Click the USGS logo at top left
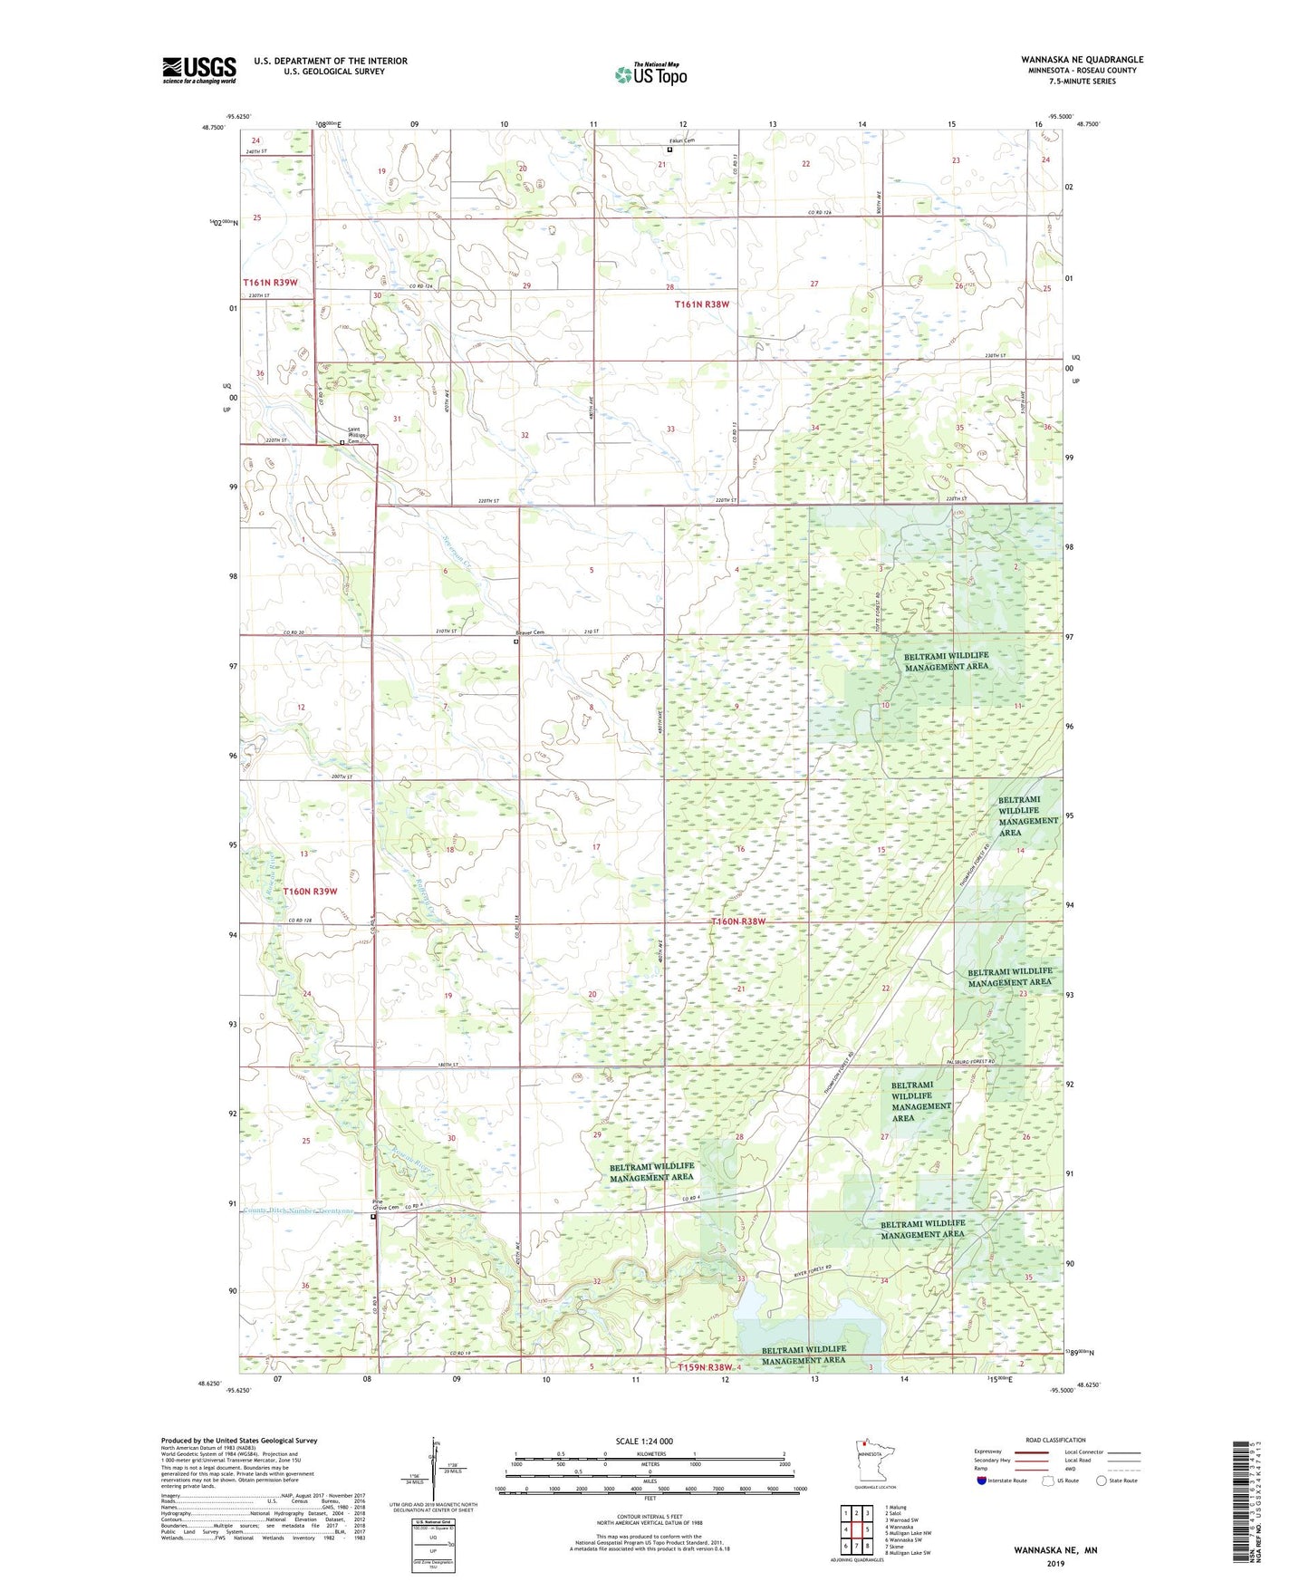click(x=198, y=70)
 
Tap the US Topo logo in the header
click(x=650, y=74)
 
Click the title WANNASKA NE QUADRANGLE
click(x=1082, y=60)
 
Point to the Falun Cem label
click(x=669, y=140)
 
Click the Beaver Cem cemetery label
click(x=530, y=632)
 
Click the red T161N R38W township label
click(x=701, y=304)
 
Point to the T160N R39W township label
click(x=310, y=892)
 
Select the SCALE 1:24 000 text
click(x=644, y=1441)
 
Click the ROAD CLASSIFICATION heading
click(x=1055, y=1440)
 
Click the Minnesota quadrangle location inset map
click(x=873, y=1460)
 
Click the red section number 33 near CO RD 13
click(x=670, y=429)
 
